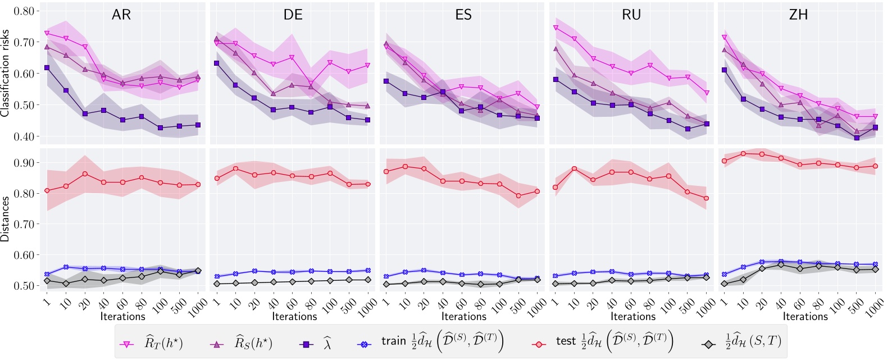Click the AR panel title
click(x=121, y=15)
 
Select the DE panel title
click(x=293, y=15)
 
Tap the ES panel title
click(x=463, y=15)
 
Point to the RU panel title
click(x=631, y=15)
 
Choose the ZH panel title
click(x=798, y=15)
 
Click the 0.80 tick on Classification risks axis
click(x=23, y=11)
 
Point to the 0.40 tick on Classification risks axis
click(x=23, y=136)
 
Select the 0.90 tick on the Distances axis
click(x=23, y=163)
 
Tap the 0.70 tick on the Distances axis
click(x=23, y=224)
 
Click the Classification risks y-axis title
click(x=6, y=74)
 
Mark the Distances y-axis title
click(x=6, y=219)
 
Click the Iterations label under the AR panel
click(x=122, y=316)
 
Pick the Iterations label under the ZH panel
click(x=805, y=316)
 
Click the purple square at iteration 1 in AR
click(x=47, y=68)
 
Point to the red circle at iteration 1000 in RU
click(x=707, y=198)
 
